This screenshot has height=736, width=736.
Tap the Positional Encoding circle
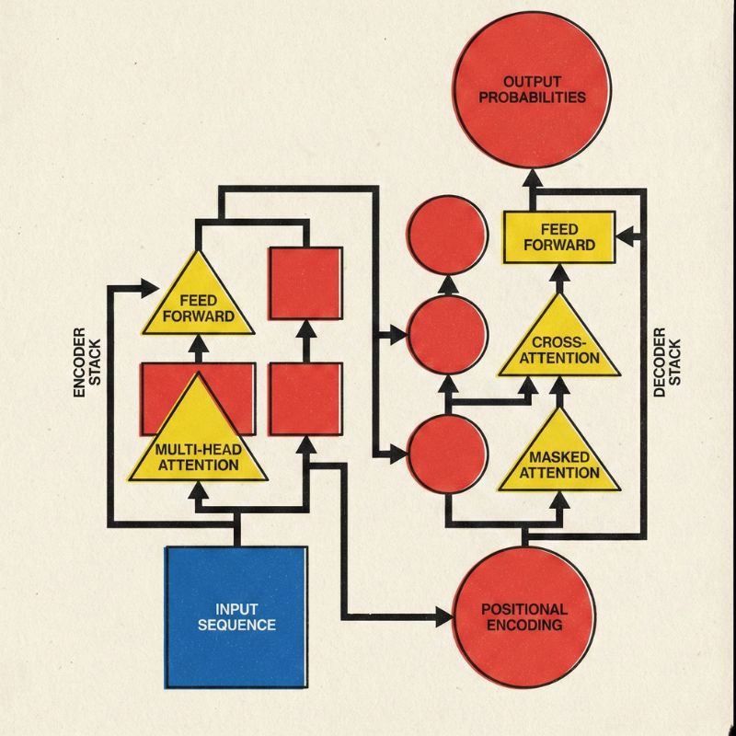point(524,616)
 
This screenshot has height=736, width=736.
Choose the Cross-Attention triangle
point(558,340)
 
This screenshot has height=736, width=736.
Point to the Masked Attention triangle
point(558,455)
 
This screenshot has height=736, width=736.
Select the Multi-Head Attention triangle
point(197,442)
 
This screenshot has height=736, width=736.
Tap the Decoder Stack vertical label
point(664,362)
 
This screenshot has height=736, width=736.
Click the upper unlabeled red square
point(305,283)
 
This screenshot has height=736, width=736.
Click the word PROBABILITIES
point(532,97)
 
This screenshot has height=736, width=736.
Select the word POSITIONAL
point(524,609)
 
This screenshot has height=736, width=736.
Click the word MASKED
point(559,457)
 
